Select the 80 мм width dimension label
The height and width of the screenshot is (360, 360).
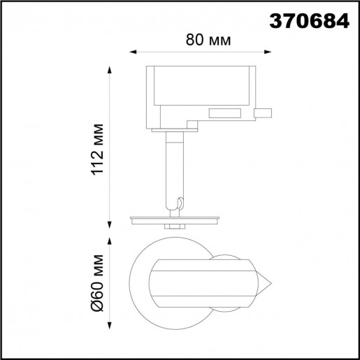point(209,40)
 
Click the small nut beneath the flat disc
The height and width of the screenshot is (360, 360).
point(173,226)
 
